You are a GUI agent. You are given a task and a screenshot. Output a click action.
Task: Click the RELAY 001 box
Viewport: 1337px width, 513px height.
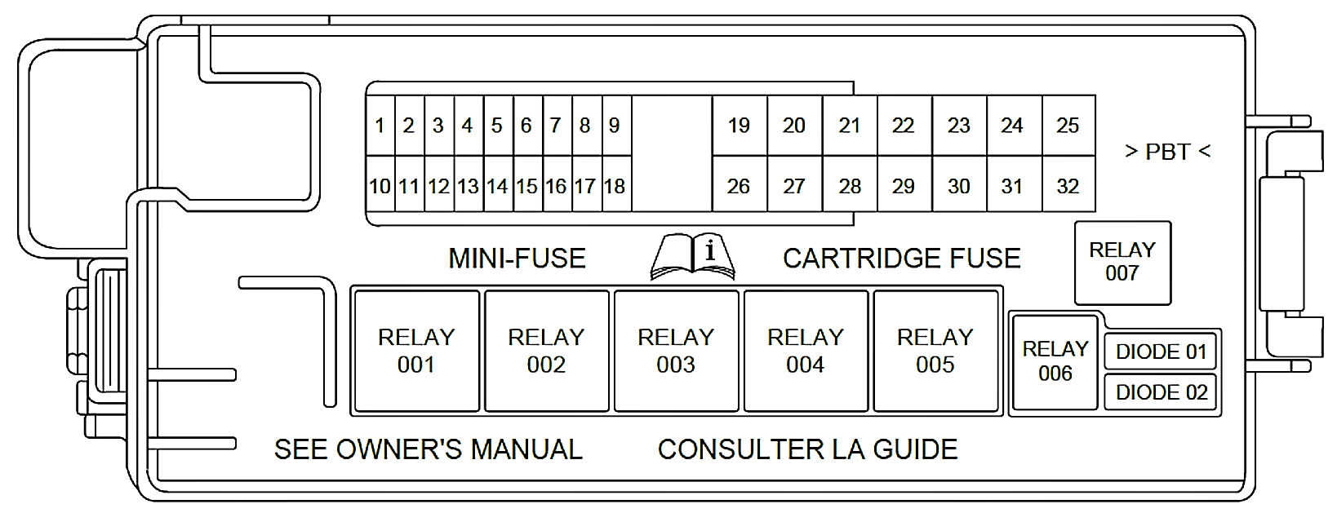(x=416, y=351)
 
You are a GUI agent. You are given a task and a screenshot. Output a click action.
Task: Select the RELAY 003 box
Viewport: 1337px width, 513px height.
(x=676, y=351)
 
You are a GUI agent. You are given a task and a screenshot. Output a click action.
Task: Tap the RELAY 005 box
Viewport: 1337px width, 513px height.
(x=935, y=351)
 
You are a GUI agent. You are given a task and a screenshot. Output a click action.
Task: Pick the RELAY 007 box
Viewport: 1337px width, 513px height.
(x=1122, y=262)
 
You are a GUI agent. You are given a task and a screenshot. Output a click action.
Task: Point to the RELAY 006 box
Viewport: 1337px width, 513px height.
(x=1055, y=361)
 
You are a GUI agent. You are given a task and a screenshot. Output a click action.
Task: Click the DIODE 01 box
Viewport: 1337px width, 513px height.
(x=1161, y=352)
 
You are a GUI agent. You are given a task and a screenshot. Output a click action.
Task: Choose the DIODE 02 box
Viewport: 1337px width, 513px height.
(x=1161, y=392)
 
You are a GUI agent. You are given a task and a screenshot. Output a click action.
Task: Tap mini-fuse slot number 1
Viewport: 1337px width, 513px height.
(x=380, y=126)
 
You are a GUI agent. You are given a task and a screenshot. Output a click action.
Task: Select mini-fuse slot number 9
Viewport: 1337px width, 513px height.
(x=615, y=126)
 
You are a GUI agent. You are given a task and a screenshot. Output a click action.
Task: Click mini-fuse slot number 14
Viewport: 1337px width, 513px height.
(x=497, y=187)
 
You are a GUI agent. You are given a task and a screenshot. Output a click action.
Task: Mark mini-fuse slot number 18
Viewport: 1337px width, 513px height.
(x=615, y=187)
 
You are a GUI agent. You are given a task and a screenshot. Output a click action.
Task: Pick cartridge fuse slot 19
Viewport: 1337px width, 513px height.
(x=739, y=126)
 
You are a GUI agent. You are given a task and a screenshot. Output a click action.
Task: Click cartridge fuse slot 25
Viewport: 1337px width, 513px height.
(x=1068, y=126)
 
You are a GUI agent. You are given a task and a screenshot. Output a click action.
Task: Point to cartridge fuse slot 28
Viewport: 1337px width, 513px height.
(x=850, y=187)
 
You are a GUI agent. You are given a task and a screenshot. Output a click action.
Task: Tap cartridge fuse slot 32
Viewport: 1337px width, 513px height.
(x=1068, y=187)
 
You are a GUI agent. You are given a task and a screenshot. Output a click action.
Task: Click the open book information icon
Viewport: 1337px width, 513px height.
(x=692, y=256)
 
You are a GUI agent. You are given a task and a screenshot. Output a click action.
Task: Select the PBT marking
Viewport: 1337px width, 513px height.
(x=1167, y=152)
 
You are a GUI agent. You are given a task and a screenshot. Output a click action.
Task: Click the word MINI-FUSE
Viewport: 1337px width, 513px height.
(x=517, y=259)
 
